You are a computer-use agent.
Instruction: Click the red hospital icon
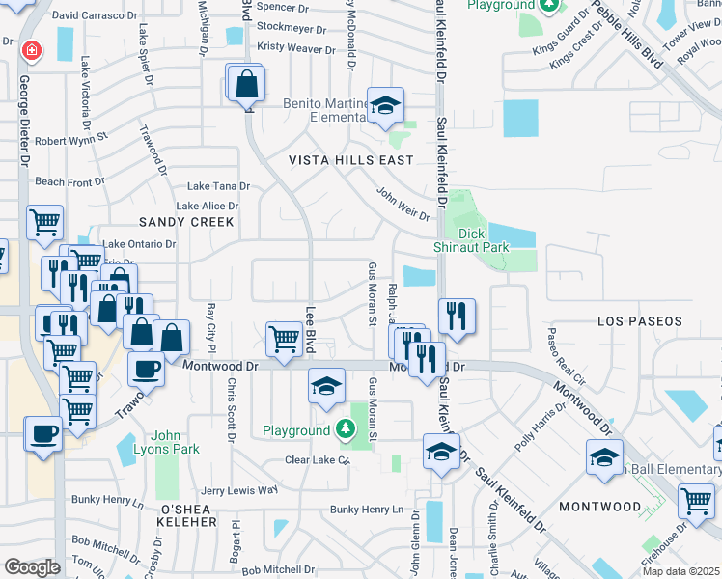coord(31,48)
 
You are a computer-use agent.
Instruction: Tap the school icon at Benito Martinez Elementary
coord(385,106)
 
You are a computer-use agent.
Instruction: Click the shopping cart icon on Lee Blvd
coord(283,340)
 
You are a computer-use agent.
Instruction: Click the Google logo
coord(31,566)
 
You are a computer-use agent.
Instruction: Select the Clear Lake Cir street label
coord(316,460)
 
